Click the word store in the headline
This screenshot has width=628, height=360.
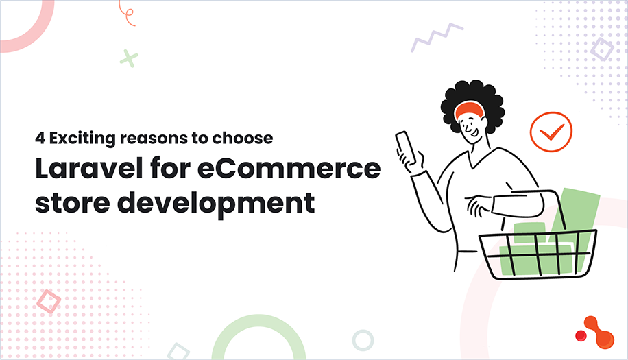[x=64, y=204]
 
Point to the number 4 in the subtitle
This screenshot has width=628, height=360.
[x=40, y=138]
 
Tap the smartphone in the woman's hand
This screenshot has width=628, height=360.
[x=405, y=146]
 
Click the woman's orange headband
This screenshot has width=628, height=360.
[x=472, y=110]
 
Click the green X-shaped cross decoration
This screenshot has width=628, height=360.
[x=128, y=58]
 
